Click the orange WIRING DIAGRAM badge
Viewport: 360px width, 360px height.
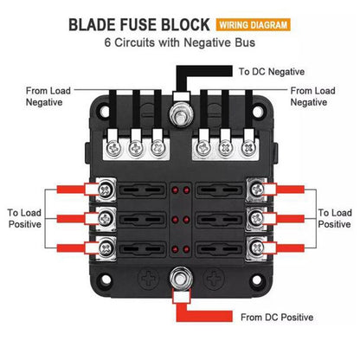pos(253,25)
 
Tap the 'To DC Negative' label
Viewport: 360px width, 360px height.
pos(272,72)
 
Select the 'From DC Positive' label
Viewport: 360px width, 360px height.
pos(277,318)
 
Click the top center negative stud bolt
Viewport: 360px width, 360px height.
pos(181,114)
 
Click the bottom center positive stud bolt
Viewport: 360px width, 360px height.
pos(181,278)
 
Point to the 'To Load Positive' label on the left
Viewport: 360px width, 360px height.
pos(24,218)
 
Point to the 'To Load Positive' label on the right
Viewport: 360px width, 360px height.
pos(335,218)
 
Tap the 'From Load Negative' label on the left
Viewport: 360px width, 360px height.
pos(48,96)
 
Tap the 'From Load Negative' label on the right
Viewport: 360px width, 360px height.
pos(312,96)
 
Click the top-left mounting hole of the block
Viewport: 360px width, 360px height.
pos(105,112)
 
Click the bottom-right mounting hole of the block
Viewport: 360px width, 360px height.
pos(256,279)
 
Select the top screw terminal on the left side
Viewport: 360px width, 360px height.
pos(106,190)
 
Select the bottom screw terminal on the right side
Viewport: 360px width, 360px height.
pos(256,248)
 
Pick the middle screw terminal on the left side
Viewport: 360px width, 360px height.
pos(106,218)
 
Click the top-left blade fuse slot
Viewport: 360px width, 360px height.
pos(142,190)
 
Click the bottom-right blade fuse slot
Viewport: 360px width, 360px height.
pos(220,248)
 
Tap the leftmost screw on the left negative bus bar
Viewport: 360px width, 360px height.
pos(113,149)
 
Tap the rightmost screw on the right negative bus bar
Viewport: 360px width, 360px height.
pos(248,149)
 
